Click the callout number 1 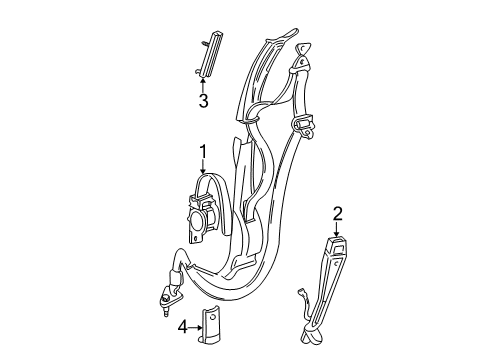[202, 151]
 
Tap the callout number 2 [337, 213]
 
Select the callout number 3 [203, 101]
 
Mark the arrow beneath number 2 [337, 229]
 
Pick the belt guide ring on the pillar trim [252, 118]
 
